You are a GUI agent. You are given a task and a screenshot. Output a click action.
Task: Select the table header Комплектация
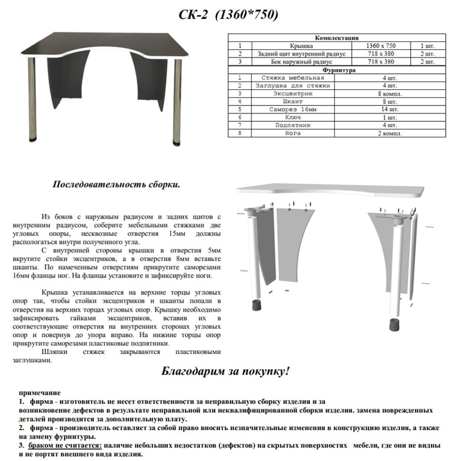click(336, 38)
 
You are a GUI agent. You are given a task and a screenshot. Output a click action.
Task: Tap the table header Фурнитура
click(336, 70)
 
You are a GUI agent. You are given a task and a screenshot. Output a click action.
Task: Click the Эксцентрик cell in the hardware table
click(293, 94)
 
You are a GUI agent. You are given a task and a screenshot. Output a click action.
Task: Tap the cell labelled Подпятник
click(293, 125)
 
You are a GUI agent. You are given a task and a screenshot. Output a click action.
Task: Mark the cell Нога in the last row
click(293, 133)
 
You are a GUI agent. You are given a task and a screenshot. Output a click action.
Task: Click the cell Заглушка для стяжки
click(293, 86)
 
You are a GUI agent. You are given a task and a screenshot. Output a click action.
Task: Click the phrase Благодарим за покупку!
click(226, 371)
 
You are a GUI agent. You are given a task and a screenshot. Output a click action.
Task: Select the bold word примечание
click(40, 393)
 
